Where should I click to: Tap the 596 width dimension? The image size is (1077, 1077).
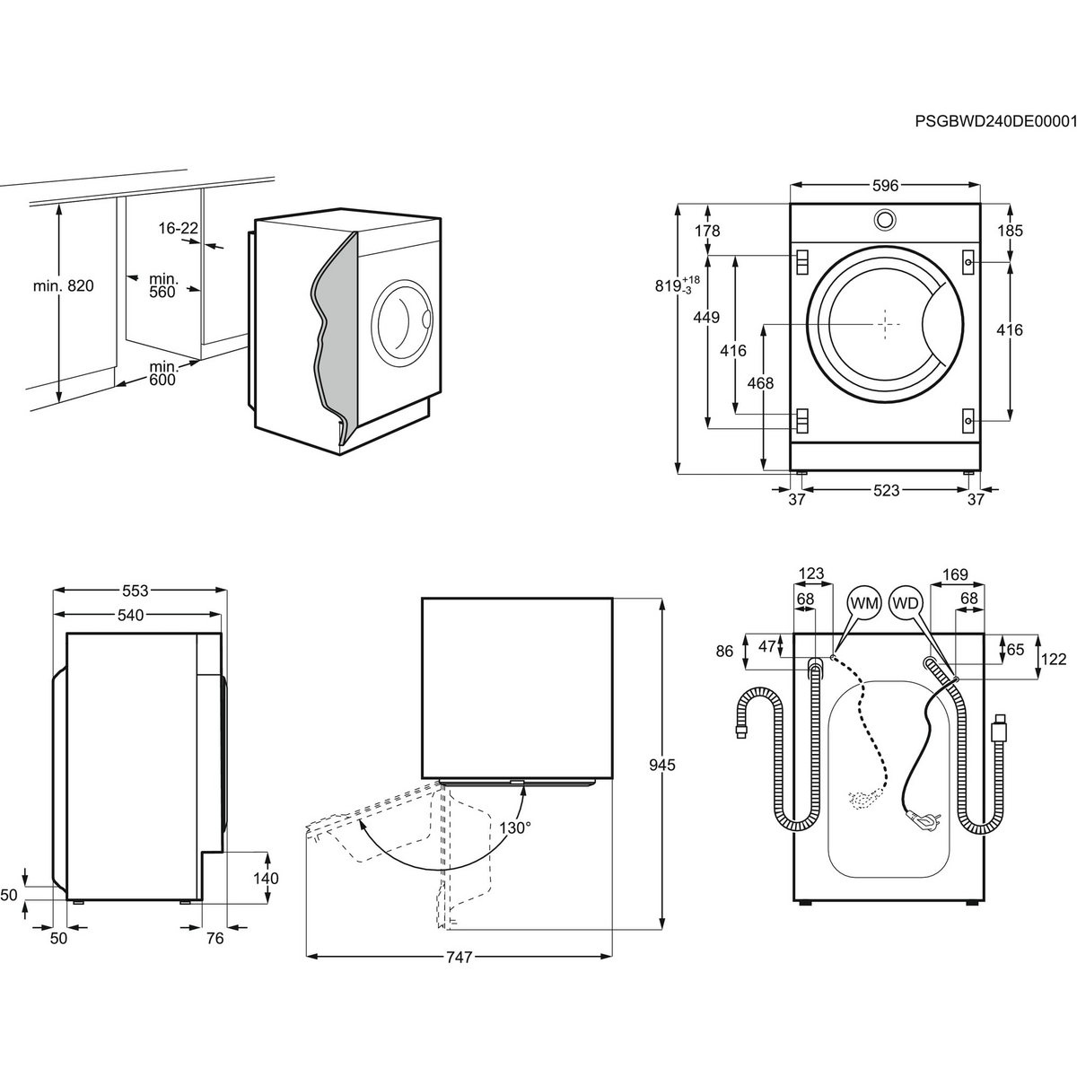pos(885,186)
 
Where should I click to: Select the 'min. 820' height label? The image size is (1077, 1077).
pos(63,286)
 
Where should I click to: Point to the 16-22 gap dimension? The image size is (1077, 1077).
pos(178,229)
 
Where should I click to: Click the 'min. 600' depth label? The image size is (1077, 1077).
pos(163,372)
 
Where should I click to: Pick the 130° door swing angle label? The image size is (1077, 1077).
pos(515,827)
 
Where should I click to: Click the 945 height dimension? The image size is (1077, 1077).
pos(661,766)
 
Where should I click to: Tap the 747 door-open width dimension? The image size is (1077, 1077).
pos(459,958)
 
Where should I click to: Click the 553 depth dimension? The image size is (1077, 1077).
pos(135,591)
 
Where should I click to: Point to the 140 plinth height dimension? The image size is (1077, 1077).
pos(266,879)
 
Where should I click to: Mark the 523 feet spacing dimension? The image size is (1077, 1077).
pos(886,490)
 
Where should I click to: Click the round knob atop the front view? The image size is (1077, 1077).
pos(885,219)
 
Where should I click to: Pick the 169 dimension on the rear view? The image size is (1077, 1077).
pos(955,574)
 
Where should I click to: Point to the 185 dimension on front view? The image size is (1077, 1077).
pos(1010,231)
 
